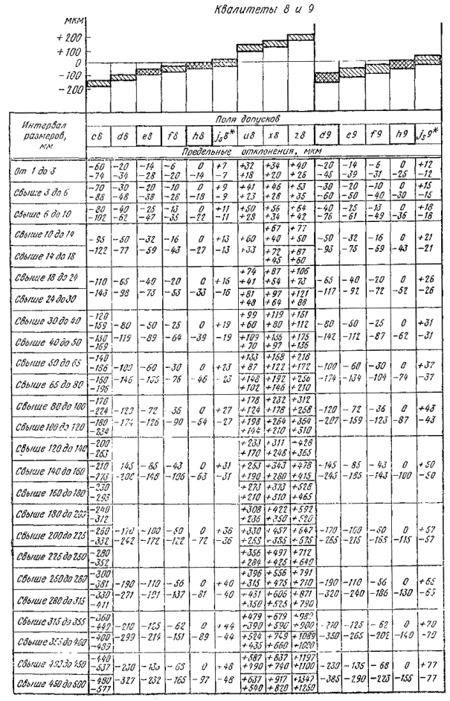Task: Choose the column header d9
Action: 324,136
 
